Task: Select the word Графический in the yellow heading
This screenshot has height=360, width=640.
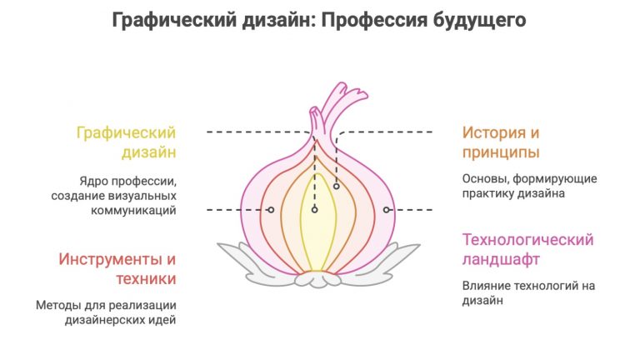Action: point(126,133)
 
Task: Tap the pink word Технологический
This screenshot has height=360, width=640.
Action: point(528,240)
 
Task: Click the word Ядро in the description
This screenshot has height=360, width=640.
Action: point(97,180)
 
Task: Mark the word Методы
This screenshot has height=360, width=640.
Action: point(56,305)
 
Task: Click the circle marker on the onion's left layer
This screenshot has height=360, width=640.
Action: point(271,210)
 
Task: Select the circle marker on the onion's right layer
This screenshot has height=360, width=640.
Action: point(387,210)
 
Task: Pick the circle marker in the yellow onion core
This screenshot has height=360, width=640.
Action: point(314,210)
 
